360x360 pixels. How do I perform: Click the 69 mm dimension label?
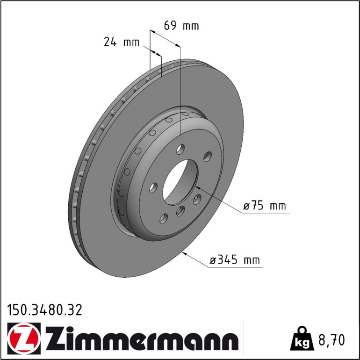click(x=181, y=26)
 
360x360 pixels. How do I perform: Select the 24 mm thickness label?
click(x=122, y=42)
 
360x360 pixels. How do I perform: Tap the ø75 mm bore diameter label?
click(x=265, y=206)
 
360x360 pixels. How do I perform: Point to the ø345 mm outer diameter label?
click(x=234, y=260)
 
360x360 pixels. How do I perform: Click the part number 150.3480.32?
click(x=44, y=310)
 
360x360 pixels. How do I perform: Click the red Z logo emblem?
click(x=24, y=338)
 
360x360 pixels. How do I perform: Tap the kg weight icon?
click(x=302, y=339)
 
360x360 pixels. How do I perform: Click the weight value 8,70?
click(x=331, y=340)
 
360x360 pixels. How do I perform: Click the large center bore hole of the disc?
click(x=180, y=182)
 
